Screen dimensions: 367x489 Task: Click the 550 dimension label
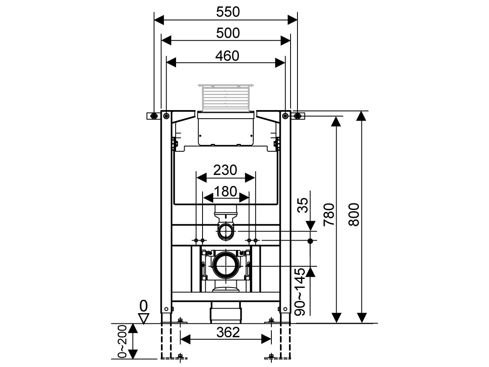[x=228, y=12]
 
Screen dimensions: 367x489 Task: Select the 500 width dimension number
[x=228, y=33]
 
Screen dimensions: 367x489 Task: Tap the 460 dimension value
[x=228, y=56]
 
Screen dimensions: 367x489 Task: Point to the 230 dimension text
[x=226, y=170]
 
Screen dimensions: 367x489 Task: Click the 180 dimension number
[x=226, y=191]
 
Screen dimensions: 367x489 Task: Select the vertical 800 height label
[x=354, y=215]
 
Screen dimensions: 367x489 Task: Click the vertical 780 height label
[x=329, y=215]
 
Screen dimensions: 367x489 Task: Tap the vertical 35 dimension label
[x=302, y=206]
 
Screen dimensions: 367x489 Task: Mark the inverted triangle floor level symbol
[x=143, y=318]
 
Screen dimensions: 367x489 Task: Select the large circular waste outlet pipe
[x=226, y=265]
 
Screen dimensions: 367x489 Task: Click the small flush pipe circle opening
[x=226, y=232]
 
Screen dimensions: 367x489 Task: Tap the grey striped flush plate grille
[x=226, y=98]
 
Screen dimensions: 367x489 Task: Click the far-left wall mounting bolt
[x=154, y=116]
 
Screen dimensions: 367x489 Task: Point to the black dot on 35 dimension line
[x=311, y=241]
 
